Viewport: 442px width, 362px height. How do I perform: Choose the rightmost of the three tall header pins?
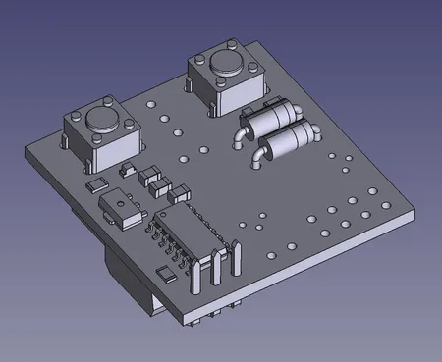[236, 259]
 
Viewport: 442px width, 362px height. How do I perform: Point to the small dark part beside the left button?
[123, 171]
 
